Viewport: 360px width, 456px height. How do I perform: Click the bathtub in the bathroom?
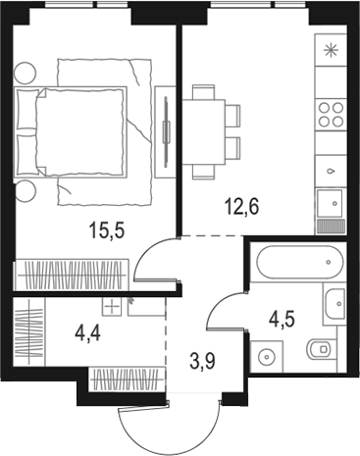pos(297,264)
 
